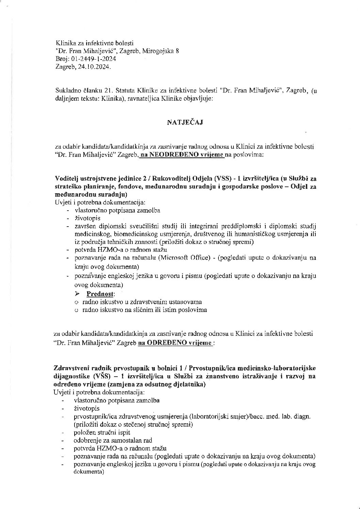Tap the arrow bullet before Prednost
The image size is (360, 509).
pos(77,294)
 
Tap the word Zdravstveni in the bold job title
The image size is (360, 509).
pos(70,368)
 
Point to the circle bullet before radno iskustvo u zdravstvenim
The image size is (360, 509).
pos(77,302)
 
